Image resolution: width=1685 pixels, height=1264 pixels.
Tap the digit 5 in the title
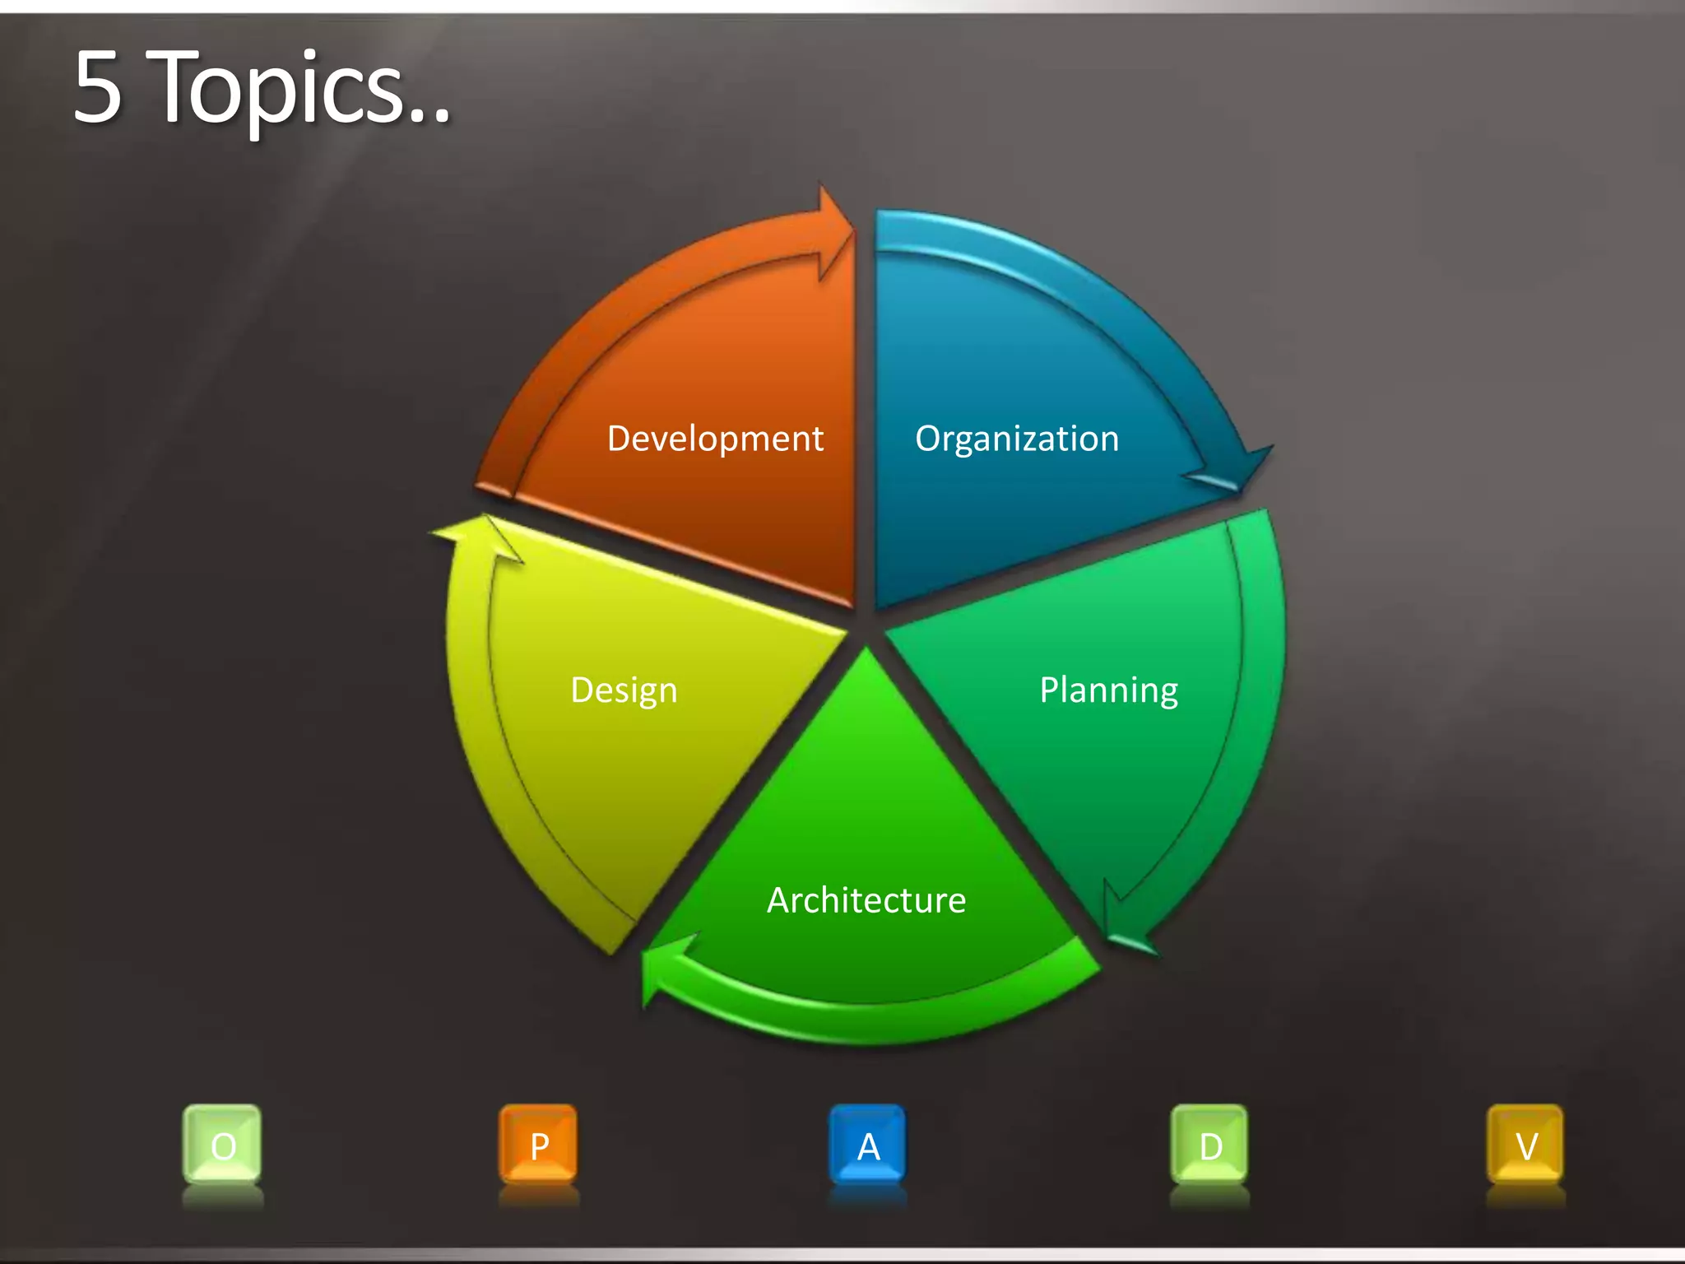click(x=97, y=89)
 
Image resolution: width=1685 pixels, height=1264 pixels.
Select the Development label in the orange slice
click(x=715, y=439)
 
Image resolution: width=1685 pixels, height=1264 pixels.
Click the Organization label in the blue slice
click(x=1017, y=439)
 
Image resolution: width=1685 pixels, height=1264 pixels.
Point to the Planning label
click(x=1108, y=690)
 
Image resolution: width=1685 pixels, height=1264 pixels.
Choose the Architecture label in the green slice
click(x=866, y=900)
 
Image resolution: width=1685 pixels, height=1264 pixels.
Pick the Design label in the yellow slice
click(x=624, y=690)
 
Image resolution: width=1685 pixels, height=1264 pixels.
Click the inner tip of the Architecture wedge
click(x=866, y=658)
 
